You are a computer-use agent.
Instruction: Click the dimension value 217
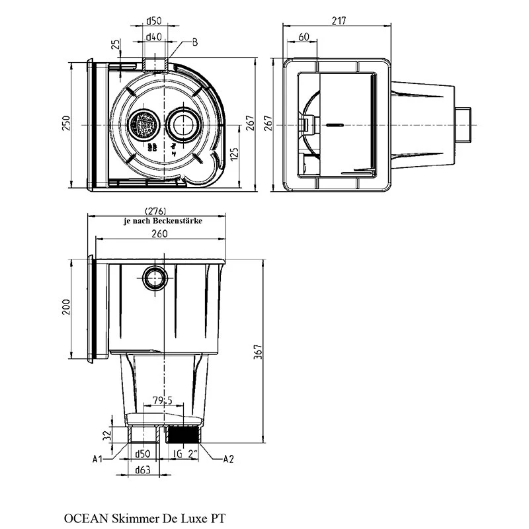point(339,20)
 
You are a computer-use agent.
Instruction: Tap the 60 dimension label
point(304,37)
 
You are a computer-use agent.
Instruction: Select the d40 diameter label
point(154,36)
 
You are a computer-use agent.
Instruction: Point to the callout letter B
point(195,42)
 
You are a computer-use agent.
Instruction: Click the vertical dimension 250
point(67,123)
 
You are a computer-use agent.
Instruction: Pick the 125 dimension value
point(235,154)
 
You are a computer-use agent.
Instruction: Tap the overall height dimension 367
point(258,352)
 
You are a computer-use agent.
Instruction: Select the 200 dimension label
point(67,307)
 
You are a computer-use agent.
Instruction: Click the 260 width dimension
point(159,233)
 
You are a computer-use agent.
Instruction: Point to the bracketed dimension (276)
point(155,211)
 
